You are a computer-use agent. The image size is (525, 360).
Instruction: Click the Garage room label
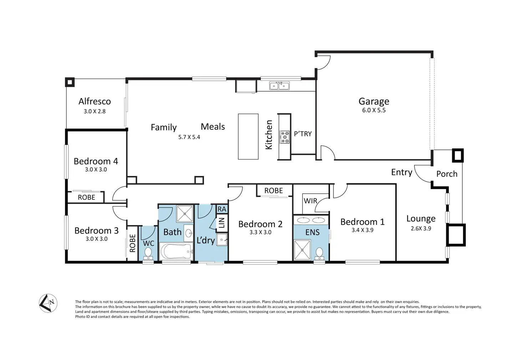click(374, 102)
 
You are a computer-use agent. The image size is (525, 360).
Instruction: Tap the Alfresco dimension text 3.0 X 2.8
click(95, 111)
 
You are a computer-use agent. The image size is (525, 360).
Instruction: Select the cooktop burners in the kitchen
click(285, 137)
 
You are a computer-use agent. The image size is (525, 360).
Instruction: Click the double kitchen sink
click(279, 86)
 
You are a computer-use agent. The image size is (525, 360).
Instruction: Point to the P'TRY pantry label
click(303, 134)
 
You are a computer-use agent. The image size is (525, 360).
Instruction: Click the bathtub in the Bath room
click(176, 252)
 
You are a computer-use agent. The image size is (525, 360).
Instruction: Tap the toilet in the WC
click(148, 254)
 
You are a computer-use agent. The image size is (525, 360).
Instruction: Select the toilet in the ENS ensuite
click(319, 254)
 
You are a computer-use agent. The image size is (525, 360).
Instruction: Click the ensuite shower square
click(302, 250)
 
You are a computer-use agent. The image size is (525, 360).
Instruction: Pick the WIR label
click(310, 201)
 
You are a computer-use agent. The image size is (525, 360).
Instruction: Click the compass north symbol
click(48, 303)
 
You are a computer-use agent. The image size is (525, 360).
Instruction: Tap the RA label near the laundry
click(222, 209)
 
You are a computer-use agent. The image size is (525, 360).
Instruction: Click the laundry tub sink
click(222, 240)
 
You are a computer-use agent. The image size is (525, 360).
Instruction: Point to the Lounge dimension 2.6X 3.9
click(421, 228)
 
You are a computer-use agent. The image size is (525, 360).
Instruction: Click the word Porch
click(447, 174)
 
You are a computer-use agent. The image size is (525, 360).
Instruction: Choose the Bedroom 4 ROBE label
click(86, 197)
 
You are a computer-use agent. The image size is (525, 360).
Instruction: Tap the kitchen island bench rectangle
click(248, 137)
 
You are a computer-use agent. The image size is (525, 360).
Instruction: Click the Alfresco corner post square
click(70, 82)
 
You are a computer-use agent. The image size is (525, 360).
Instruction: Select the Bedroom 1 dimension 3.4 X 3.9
click(362, 230)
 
